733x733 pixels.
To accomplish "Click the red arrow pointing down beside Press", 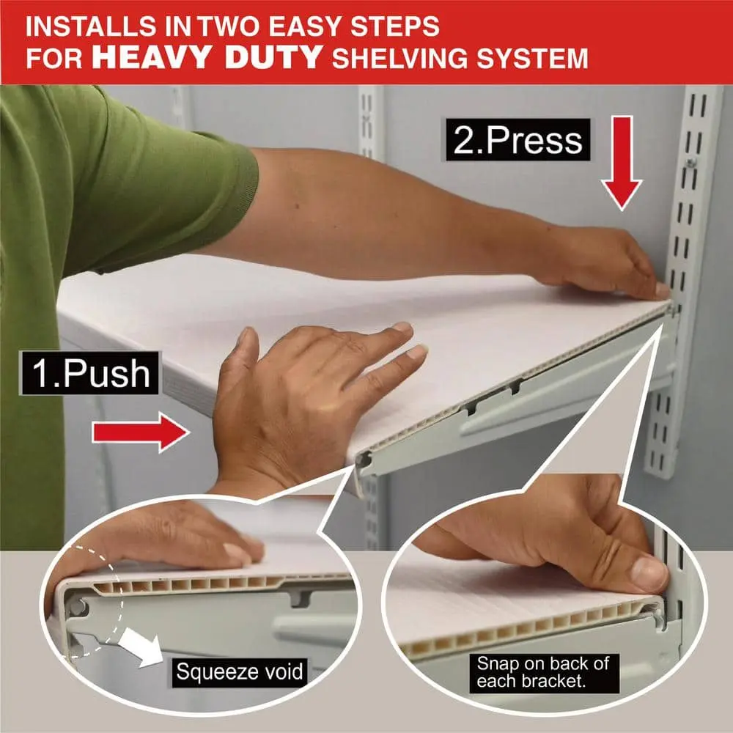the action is tap(622, 163).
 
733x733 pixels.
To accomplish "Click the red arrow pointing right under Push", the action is tap(141, 432).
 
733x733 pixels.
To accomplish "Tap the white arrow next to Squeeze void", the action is tap(140, 647).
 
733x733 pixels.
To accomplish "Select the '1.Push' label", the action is tap(90, 374).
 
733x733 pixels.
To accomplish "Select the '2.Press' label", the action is tap(518, 140).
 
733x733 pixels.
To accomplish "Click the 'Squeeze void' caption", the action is tap(240, 671).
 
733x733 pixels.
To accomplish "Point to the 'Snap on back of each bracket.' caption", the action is tap(544, 673).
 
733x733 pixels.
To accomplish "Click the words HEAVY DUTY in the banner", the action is tap(207, 57).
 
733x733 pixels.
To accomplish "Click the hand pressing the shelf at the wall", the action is tap(603, 262).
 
